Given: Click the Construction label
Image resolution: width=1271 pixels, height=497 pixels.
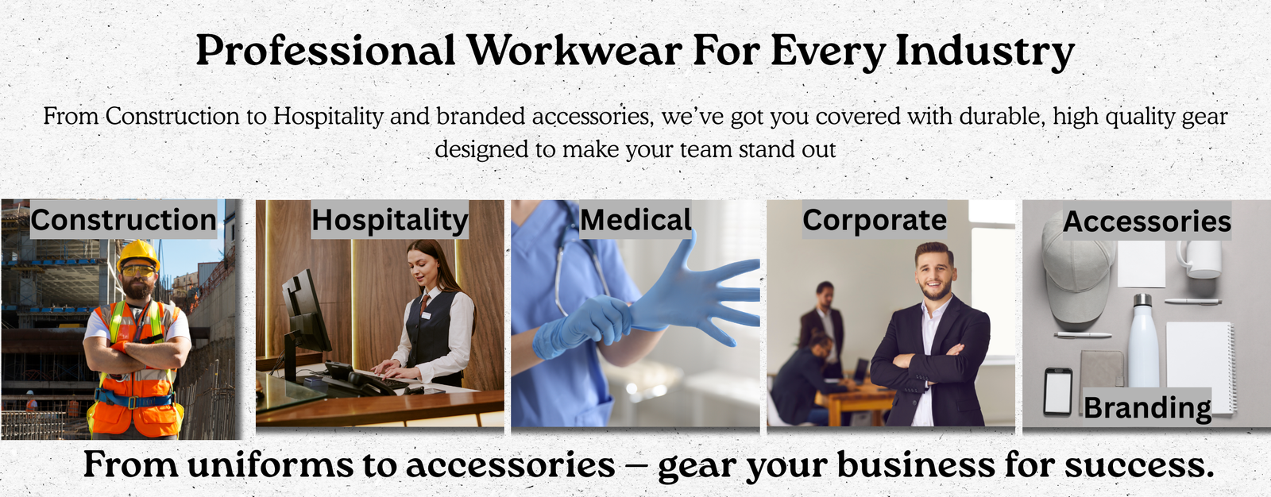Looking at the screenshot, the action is tap(124, 220).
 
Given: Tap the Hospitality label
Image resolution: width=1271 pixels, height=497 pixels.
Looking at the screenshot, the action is tap(390, 220).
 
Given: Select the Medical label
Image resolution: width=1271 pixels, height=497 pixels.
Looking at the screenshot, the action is tap(635, 220).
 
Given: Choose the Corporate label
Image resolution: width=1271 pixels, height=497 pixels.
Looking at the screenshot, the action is tap(875, 220).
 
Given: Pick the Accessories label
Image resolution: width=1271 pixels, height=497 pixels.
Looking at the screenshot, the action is tap(1147, 221).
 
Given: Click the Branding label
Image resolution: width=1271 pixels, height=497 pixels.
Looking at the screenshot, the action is tap(1147, 406).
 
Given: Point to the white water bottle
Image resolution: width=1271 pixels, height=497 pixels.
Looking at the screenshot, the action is tap(1143, 341).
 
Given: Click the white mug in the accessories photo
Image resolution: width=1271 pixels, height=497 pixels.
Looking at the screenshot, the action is tap(1200, 260).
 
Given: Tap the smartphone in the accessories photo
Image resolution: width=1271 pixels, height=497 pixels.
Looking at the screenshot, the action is tap(1058, 391).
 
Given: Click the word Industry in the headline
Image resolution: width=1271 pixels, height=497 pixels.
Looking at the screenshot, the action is tap(984, 52).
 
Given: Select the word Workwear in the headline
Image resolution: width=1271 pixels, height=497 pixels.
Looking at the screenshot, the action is tap(574, 50).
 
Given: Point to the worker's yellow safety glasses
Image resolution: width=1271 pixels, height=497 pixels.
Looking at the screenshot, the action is tap(138, 272).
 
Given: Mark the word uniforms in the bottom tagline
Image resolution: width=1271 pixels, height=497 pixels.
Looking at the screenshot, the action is tap(270, 464).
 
